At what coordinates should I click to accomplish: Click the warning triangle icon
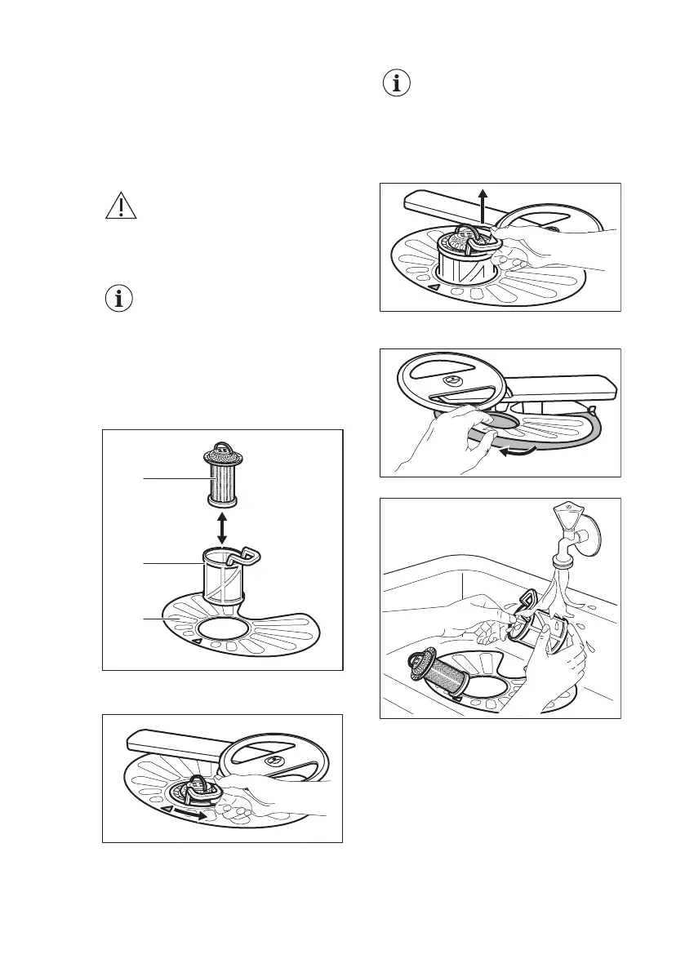[x=120, y=206]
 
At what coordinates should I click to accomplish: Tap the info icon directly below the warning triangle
[x=120, y=298]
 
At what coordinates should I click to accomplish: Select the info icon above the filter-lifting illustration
[x=397, y=84]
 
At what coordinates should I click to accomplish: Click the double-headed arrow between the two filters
[x=221, y=524]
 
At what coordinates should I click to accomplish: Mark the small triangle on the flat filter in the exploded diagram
[x=196, y=642]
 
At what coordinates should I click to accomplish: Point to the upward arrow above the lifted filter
[x=483, y=202]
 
